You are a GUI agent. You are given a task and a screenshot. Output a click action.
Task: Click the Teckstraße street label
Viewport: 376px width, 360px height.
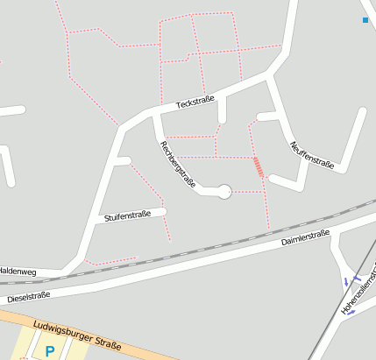click(x=195, y=102)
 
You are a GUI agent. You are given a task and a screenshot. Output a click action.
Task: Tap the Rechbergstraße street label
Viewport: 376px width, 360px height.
click(x=175, y=163)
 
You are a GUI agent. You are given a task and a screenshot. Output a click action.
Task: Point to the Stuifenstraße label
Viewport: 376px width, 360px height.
click(x=128, y=215)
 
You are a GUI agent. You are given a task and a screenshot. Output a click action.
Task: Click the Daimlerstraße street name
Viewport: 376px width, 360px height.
click(x=304, y=237)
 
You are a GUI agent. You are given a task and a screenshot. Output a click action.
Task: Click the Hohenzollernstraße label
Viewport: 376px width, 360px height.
click(x=360, y=288)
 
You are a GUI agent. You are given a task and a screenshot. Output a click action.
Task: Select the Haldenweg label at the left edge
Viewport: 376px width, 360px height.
click(x=16, y=271)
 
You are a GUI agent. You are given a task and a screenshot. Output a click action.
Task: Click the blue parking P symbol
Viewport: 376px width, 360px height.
click(x=50, y=351)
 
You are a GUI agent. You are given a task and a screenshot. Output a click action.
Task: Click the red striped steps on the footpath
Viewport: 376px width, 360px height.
click(x=258, y=166)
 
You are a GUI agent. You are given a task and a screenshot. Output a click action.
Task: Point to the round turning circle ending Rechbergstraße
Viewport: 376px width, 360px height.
click(x=224, y=191)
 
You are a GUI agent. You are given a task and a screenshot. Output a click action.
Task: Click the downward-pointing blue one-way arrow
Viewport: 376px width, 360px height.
click(x=347, y=281)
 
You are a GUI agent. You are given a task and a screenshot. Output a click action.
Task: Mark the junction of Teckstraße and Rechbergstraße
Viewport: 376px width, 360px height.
click(x=155, y=112)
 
